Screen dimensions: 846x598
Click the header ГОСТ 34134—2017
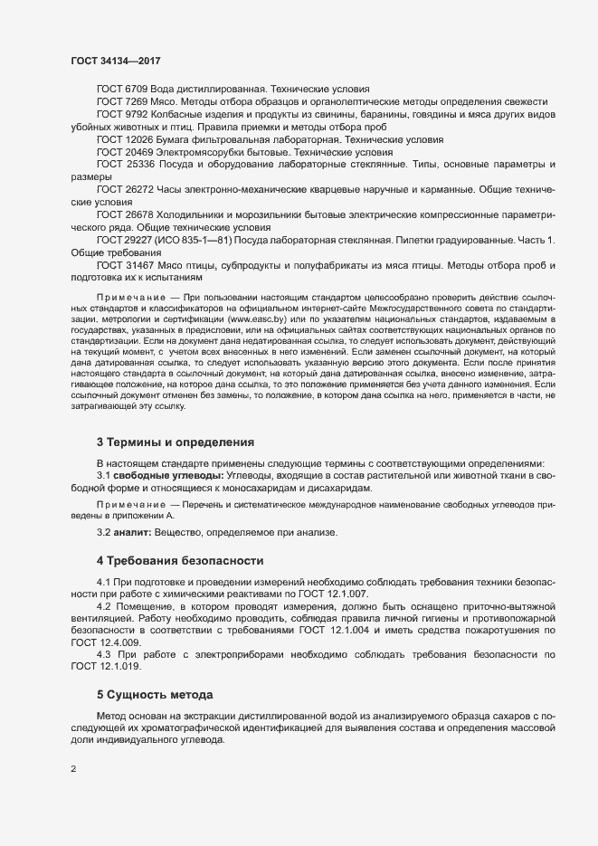pyautogui.click(x=116, y=61)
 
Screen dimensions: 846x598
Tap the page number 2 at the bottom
pyautogui.click(x=73, y=771)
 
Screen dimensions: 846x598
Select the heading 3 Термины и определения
pyautogui.click(x=175, y=442)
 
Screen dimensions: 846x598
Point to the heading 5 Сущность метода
pyautogui.click(x=154, y=695)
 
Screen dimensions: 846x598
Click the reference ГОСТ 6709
pyautogui.click(x=121, y=90)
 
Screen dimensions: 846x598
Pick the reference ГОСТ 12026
pyautogui.click(x=125, y=140)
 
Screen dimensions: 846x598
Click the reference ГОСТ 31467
pyautogui.click(x=125, y=265)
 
